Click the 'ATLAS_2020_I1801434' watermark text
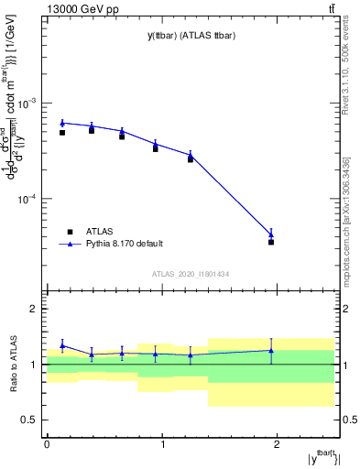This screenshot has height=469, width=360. (x=190, y=274)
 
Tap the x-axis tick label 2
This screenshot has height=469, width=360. (x=278, y=444)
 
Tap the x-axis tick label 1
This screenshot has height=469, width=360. (x=162, y=444)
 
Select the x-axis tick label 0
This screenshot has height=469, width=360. (x=47, y=444)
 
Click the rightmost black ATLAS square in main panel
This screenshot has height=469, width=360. (x=271, y=242)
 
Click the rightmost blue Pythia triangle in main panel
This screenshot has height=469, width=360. (x=271, y=234)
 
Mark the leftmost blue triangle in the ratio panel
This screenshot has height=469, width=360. (x=62, y=345)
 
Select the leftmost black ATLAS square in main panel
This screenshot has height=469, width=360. (x=62, y=133)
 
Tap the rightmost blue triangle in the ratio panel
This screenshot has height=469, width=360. (x=271, y=350)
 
